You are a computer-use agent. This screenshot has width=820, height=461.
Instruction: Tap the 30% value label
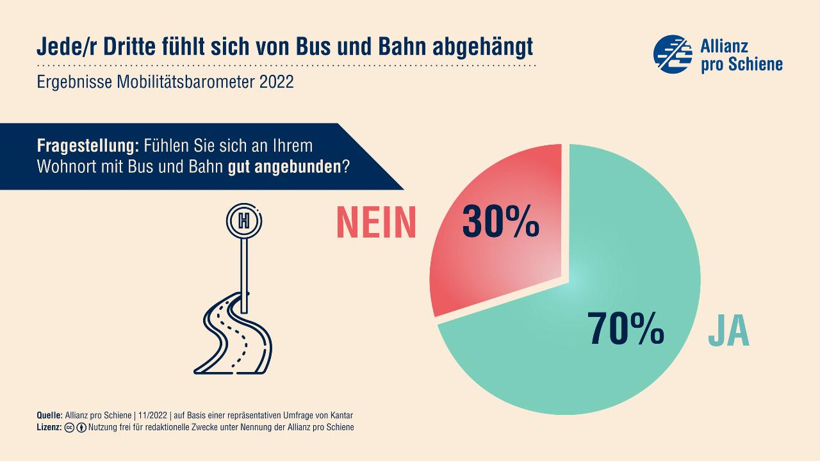500,222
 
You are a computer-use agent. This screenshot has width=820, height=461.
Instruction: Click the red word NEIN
377,223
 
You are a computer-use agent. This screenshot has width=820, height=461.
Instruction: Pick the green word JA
729,330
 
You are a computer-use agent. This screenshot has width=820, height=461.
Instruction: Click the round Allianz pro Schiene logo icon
673,54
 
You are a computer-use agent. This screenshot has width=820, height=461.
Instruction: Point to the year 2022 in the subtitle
277,83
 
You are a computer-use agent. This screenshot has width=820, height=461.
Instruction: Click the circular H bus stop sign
243,221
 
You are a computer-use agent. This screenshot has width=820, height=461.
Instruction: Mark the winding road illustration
234,333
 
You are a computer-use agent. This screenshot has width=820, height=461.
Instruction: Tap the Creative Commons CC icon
70,427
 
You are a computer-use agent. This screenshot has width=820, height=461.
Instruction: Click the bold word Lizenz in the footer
49,427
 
